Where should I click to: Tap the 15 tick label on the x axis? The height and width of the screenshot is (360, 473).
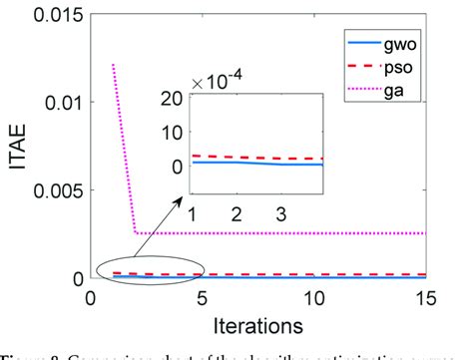(x=426, y=296)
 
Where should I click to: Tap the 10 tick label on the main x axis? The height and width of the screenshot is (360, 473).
(x=314, y=296)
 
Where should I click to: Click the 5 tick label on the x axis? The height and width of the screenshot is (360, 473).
(x=203, y=296)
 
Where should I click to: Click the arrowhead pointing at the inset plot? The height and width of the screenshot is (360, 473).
(x=187, y=200)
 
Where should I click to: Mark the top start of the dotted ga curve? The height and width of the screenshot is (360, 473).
(x=113, y=66)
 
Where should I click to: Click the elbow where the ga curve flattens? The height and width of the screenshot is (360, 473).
(x=136, y=232)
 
